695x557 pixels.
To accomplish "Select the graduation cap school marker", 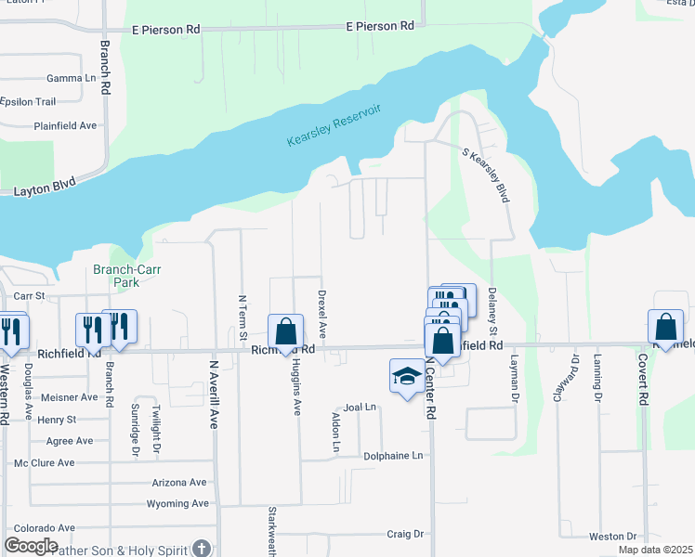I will tap(405, 376).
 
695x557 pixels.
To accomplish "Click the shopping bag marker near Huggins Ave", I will tap(285, 332).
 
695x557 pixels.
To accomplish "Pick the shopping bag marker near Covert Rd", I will tap(665, 328).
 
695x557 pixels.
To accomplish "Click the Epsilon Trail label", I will tap(29, 101).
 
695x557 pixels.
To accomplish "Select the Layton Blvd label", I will tap(44, 192).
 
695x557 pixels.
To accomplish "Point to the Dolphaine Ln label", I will tap(393, 456).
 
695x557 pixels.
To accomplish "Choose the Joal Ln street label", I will tap(360, 407).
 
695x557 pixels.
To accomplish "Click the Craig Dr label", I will tap(405, 534).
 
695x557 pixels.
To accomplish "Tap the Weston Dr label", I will tap(612, 537).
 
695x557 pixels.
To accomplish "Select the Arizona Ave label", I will tap(178, 483).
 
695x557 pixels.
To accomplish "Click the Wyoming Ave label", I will tap(177, 504).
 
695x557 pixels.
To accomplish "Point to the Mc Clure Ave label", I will tap(44, 462).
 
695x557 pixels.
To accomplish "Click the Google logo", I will tap(31, 546).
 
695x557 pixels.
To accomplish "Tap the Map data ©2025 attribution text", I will tap(655, 550).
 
